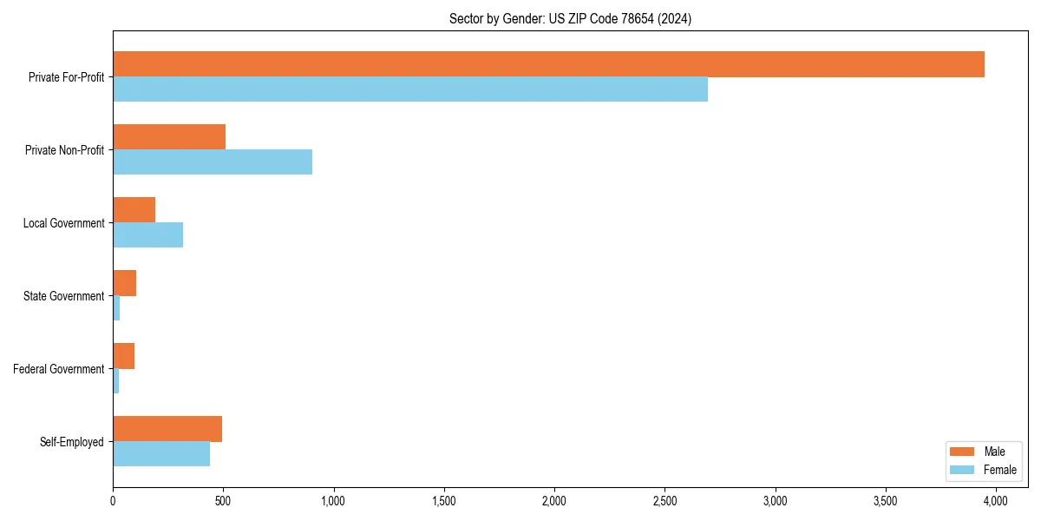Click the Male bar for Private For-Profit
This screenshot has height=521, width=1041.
[x=548, y=64]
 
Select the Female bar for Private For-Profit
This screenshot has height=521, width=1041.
[x=410, y=89]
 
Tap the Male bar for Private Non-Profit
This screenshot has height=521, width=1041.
[x=169, y=137]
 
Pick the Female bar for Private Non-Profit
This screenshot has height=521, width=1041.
[x=213, y=162]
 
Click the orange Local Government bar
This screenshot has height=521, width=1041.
[x=134, y=210]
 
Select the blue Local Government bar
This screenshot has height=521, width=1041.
[x=148, y=235]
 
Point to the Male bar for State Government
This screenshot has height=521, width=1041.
[x=125, y=283]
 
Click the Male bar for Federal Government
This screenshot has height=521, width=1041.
[x=124, y=356]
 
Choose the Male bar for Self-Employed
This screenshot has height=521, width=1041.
[x=167, y=429]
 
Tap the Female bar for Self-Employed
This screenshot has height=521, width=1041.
[x=161, y=454]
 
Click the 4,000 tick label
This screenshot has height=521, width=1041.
[x=995, y=500]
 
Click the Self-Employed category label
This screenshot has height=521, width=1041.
[x=72, y=442]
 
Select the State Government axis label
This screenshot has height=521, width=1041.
[x=64, y=296]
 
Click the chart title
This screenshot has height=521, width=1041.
[x=570, y=18]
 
